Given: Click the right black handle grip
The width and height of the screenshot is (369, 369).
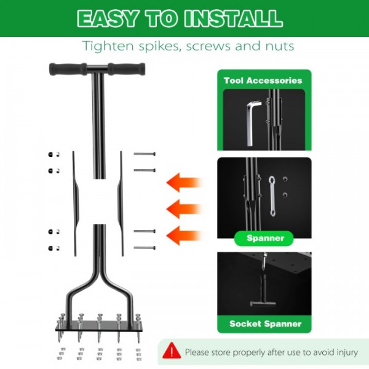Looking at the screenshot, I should click(x=125, y=69).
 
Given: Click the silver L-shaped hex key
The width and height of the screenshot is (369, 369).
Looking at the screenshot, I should click(x=250, y=124).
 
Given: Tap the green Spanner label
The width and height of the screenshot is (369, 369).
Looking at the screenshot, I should click(x=265, y=238).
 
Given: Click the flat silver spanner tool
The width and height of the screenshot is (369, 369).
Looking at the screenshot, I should click(x=271, y=196).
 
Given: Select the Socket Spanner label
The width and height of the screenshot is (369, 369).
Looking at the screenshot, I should click(x=265, y=323).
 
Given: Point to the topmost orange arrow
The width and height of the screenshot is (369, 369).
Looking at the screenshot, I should click(x=184, y=182).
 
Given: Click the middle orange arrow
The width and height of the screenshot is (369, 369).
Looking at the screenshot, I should click(x=184, y=208).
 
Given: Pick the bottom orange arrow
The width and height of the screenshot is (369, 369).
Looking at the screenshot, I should click(x=184, y=234).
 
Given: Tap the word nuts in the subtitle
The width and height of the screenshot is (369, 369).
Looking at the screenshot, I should click(x=276, y=46).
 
